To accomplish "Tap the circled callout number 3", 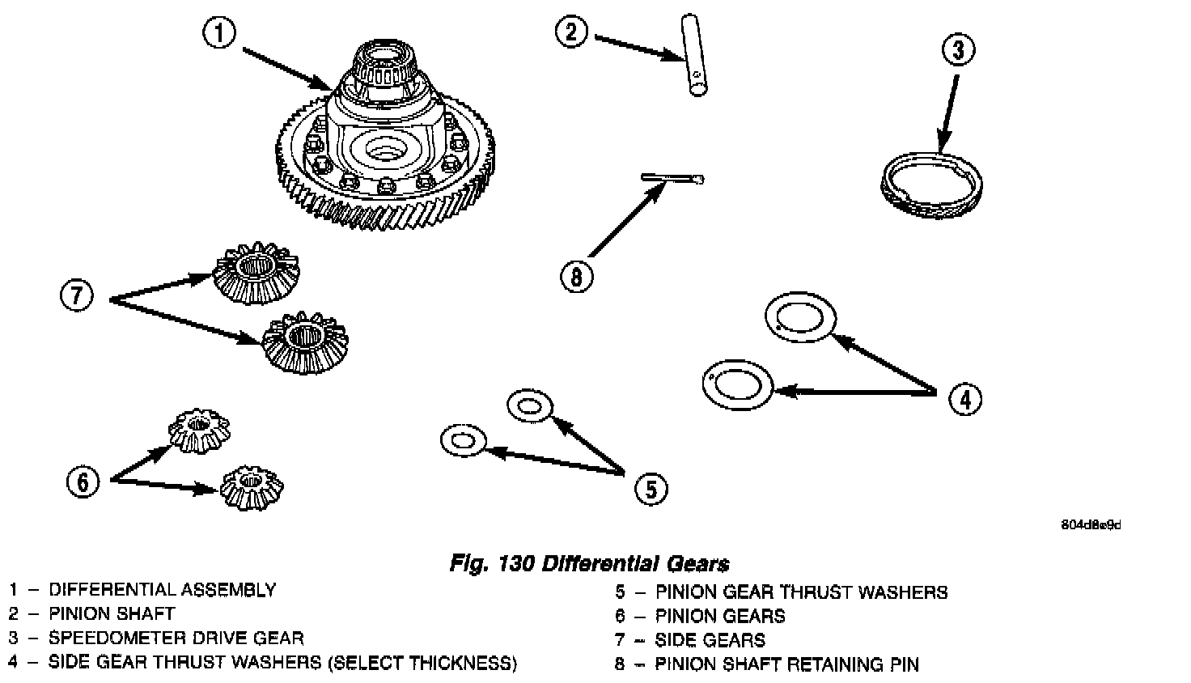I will click(959, 51).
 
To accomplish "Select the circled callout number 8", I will click(577, 278).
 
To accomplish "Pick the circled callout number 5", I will click(651, 487).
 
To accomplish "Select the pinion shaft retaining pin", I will click(672, 179).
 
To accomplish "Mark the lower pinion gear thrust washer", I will click(462, 441).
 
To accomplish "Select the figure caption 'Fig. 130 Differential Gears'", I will click(589, 564).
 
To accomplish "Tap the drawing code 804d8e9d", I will click(1091, 524).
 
